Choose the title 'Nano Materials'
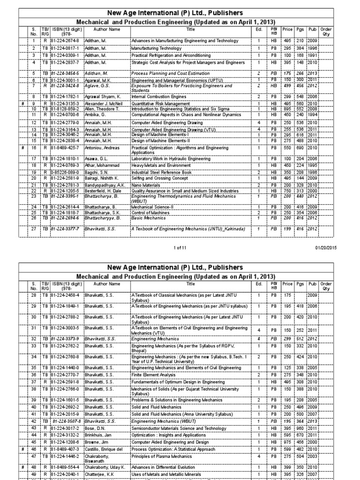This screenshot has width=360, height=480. pos(146,185)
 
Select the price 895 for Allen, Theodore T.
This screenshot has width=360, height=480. pos(287,108)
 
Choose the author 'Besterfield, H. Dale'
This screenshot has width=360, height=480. pos(103,191)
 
